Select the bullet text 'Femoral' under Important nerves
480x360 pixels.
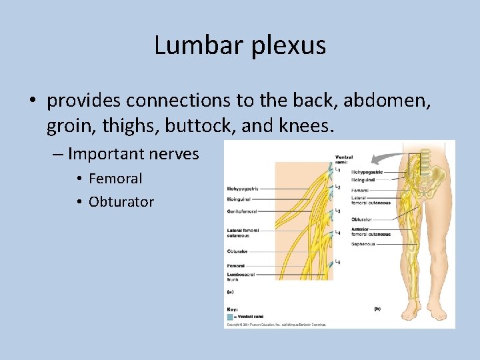coord(115,179)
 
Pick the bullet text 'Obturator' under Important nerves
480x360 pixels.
coord(121,202)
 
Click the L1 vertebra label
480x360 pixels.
coord(339,169)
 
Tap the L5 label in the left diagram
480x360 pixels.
coord(339,261)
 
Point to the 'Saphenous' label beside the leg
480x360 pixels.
coord(363,244)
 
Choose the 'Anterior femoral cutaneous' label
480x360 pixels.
coord(371,232)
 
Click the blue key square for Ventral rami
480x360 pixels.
coord(231,317)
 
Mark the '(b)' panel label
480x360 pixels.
coord(377,308)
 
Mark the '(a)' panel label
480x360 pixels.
coord(231,291)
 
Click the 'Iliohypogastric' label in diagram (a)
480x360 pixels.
coord(242,189)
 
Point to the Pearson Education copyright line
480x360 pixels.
coord(275,325)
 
